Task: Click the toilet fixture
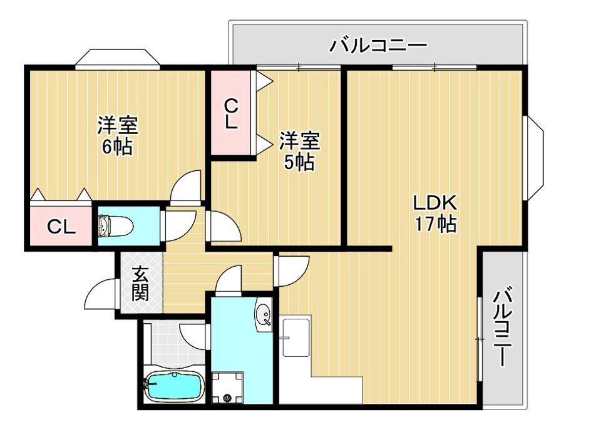point(116,226)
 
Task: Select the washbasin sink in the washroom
point(264,315)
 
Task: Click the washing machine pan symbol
point(228,387)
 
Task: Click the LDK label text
point(435,203)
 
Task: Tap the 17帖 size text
point(436,224)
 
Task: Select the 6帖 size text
point(117,146)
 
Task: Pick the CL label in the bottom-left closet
point(61,227)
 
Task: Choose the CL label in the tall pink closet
point(231,114)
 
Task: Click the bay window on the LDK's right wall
point(533,158)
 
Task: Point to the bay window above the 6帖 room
point(117,59)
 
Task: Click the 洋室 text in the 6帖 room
point(118,125)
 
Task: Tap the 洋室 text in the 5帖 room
point(300,141)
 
